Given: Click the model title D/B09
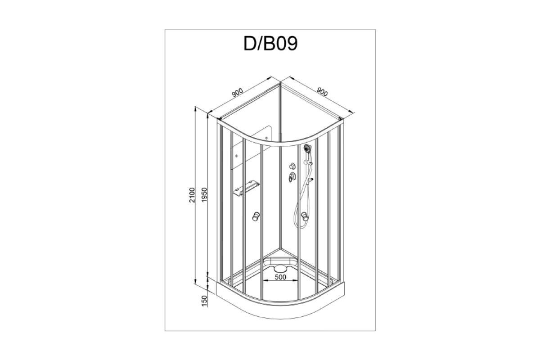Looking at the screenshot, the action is (x=271, y=44).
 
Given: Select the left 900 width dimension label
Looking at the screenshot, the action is (x=237, y=93).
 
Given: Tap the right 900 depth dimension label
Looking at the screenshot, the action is (x=322, y=92).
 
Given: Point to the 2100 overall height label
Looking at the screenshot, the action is (x=192, y=195).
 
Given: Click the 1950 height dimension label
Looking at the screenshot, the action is (x=204, y=195).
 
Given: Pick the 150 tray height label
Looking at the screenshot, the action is (x=204, y=301).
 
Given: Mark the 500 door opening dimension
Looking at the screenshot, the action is (x=280, y=277).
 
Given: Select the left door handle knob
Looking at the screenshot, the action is (x=256, y=216).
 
